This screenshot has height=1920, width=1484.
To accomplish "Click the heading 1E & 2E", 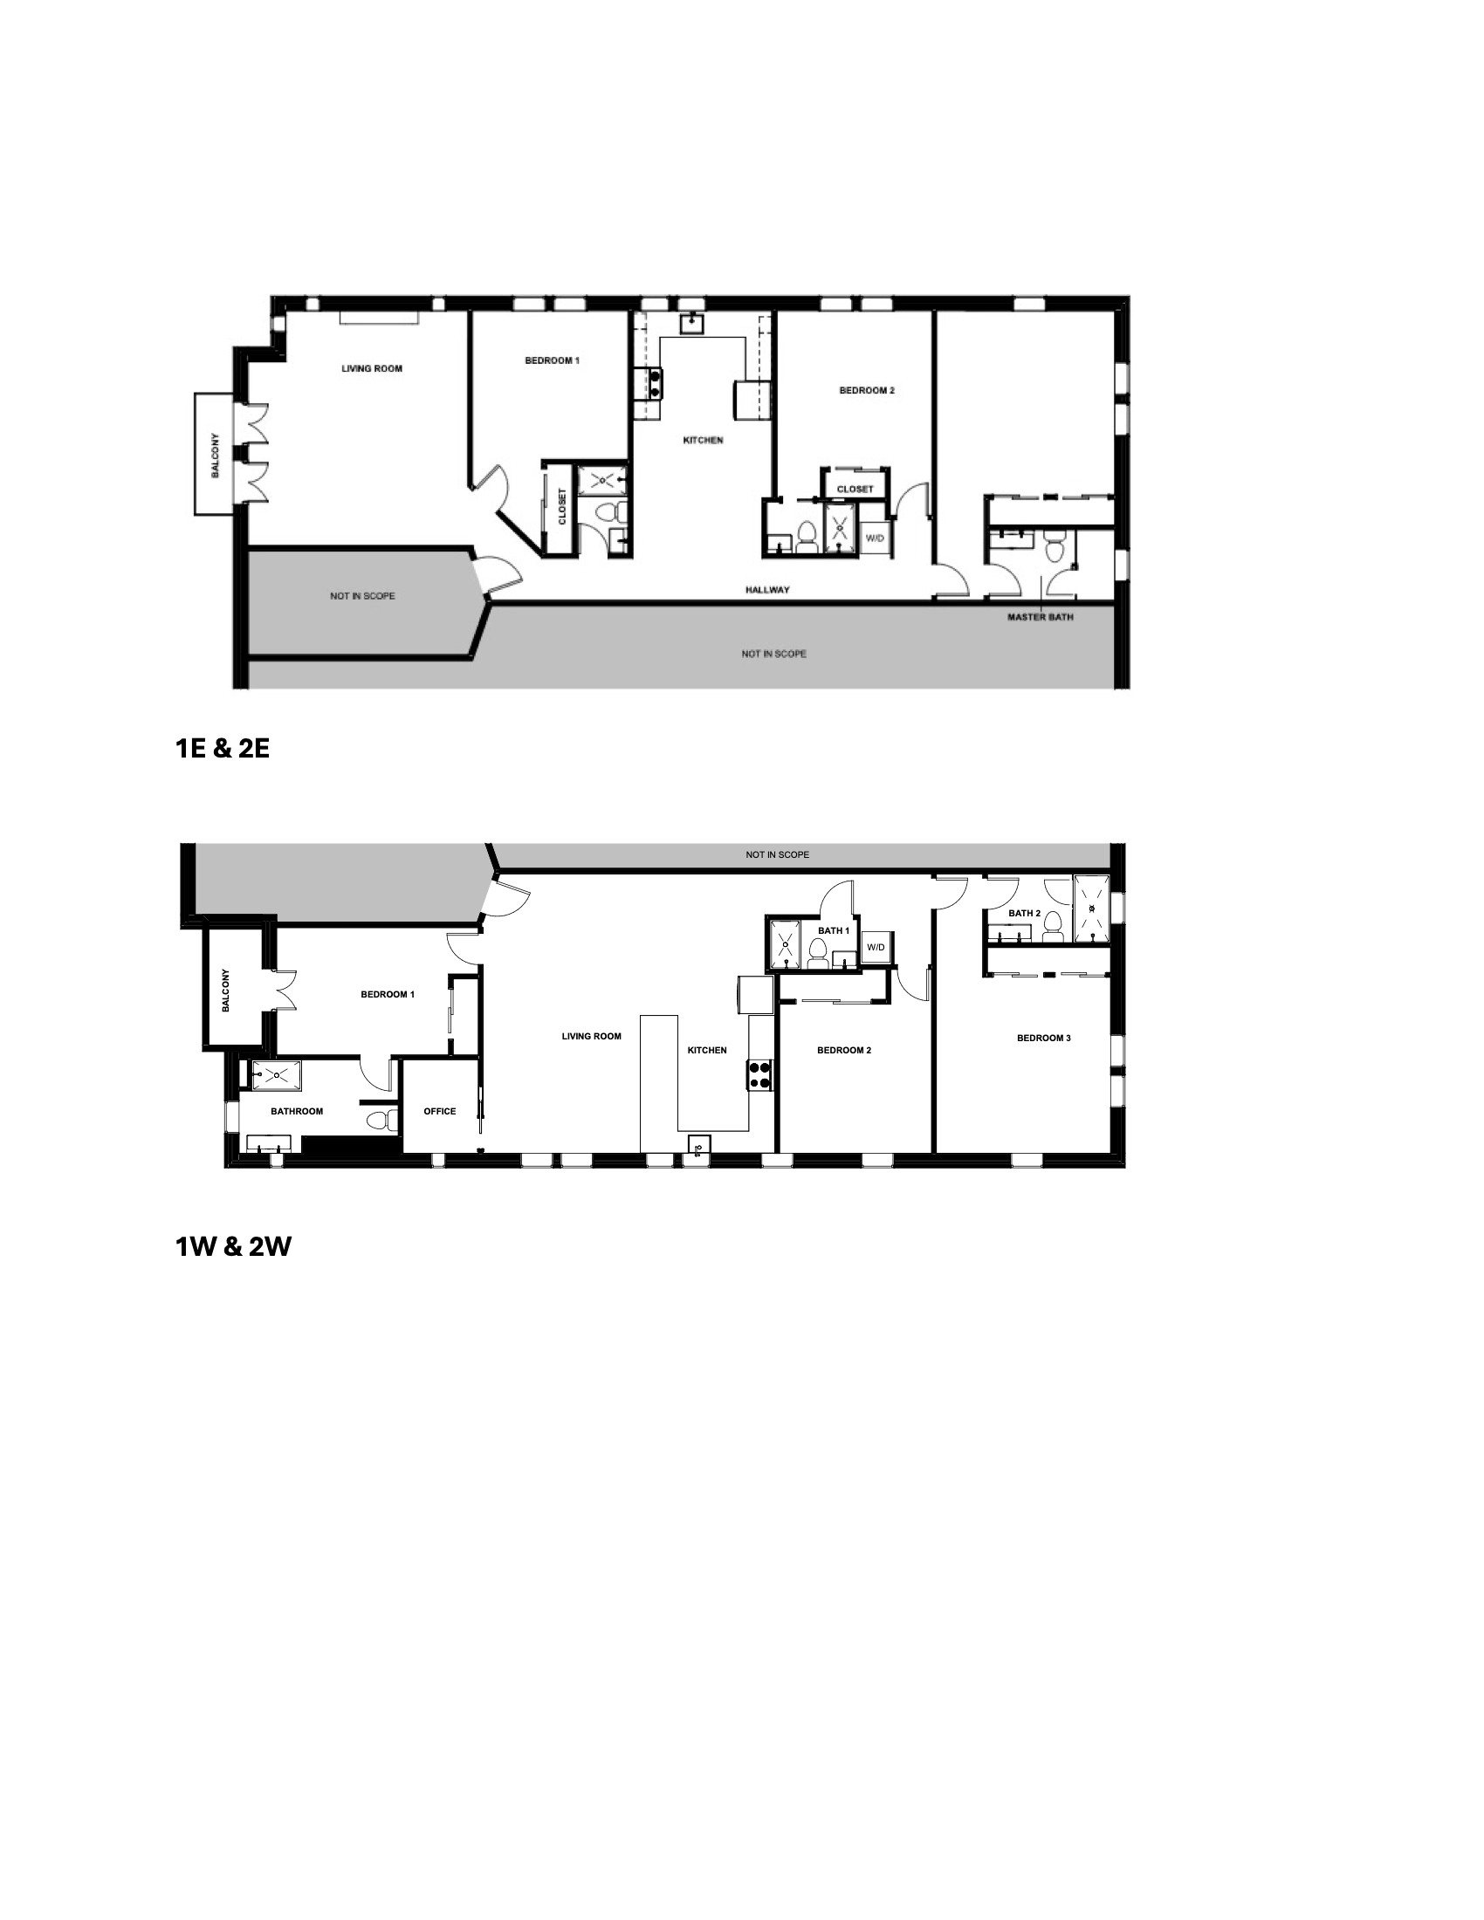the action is point(223,749).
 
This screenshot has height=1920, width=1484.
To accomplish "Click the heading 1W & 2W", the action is point(233,1246).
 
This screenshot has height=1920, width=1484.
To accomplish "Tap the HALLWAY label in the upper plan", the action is point(767,590).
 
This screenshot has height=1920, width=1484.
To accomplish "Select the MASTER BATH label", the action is point(1040,617).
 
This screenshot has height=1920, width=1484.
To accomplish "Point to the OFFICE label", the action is point(440,1111).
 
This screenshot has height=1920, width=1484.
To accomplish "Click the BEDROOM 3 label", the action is point(1043,1039).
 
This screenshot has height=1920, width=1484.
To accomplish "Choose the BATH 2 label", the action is point(1024,914).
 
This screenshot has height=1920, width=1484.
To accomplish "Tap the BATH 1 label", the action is point(834,930).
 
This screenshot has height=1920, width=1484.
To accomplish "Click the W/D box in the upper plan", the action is point(875,538).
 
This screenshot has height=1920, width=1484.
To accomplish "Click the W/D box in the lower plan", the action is point(876,948).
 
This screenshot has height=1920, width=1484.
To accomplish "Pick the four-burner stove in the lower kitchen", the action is point(759,1075).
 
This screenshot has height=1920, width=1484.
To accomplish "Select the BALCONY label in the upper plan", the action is point(216,456).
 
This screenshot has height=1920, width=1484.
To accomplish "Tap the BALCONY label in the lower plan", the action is point(226,991).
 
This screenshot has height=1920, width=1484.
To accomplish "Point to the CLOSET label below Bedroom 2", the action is point(855,489).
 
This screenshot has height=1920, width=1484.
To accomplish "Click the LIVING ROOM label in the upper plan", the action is point(372,368).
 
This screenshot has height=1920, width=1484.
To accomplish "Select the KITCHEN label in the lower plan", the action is point(707,1050).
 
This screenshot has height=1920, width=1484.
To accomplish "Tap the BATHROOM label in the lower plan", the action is point(296,1111).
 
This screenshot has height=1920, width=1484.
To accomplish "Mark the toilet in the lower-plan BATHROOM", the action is point(378,1121).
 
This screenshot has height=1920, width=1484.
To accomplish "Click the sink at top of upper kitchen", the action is point(694,323).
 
